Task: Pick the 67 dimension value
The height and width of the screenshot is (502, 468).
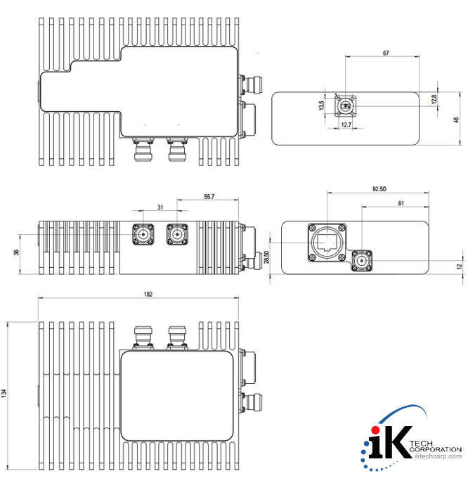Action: pyautogui.click(x=386, y=53)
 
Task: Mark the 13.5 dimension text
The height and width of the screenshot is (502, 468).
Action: pyautogui.click(x=322, y=106)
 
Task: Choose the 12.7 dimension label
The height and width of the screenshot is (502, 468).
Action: pyautogui.click(x=345, y=124)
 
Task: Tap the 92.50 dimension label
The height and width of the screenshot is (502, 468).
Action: pyautogui.click(x=378, y=189)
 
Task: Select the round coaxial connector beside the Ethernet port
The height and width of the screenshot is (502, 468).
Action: pyautogui.click(x=362, y=262)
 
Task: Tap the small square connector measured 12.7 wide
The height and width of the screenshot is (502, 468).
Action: pyautogui.click(x=346, y=106)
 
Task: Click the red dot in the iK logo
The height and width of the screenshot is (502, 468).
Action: pyautogui.click(x=375, y=430)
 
